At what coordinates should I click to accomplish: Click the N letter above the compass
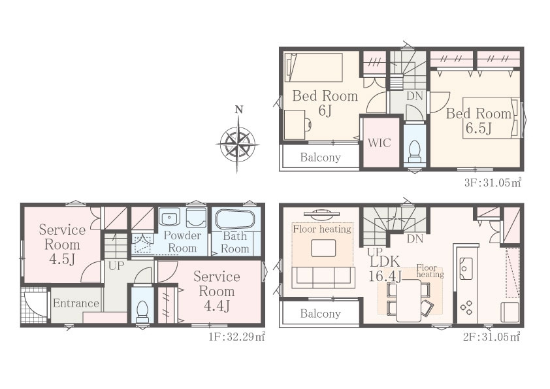coord(239,110)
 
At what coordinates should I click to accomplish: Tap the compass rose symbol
coord(238,144)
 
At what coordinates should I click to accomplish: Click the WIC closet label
coord(379,143)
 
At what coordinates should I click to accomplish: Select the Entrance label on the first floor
coord(76,303)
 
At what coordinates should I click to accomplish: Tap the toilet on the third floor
coord(415,151)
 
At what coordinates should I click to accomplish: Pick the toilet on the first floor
coord(142,312)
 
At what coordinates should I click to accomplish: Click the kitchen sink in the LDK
coord(466,268)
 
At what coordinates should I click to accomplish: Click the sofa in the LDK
coord(323,277)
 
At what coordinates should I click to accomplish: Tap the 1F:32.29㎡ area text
coord(236,337)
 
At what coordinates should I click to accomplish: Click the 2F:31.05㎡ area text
coord(491,337)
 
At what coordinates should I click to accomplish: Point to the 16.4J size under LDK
coord(385,276)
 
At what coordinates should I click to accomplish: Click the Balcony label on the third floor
coord(320,157)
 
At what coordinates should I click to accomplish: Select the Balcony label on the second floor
coord(320,313)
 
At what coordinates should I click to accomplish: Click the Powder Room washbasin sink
coord(169,217)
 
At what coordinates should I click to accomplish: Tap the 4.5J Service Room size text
coord(62,260)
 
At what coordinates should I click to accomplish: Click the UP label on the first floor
coord(116,266)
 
